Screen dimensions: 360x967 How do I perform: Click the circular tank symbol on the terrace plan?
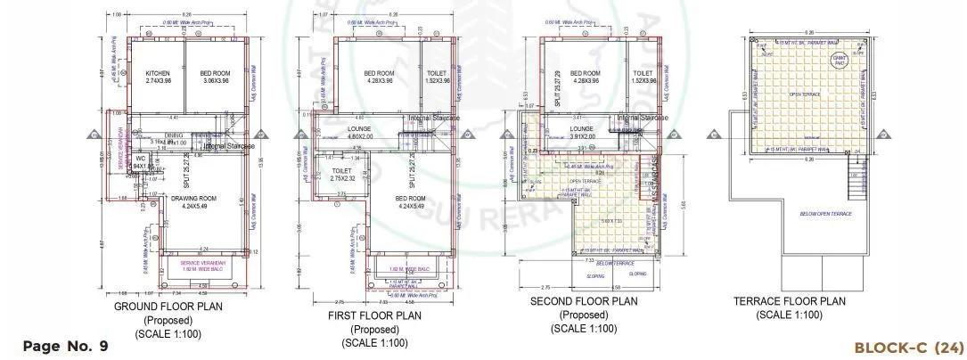pyautogui.click(x=839, y=60)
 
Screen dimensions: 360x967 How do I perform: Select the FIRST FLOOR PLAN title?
pyautogui.click(x=375, y=315)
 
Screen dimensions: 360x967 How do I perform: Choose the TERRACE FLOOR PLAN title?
pyautogui.click(x=789, y=302)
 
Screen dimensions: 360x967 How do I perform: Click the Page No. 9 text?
pyautogui.click(x=65, y=346)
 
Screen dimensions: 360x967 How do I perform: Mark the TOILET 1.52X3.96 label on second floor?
pyautogui.click(x=643, y=77)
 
